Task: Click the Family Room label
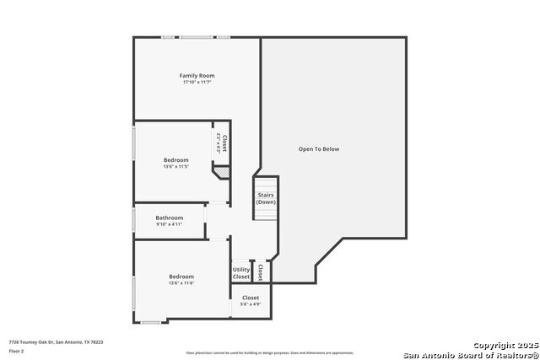(197, 76)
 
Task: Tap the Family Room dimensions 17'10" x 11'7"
(197, 83)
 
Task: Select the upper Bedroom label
(176, 160)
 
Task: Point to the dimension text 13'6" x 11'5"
(176, 167)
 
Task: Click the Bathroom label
(169, 218)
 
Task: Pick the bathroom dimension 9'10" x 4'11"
(169, 224)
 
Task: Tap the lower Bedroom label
(181, 277)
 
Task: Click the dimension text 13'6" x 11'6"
(181, 283)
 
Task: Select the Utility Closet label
(241, 273)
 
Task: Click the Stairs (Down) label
(266, 198)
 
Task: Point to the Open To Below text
(319, 149)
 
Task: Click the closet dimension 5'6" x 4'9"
(251, 304)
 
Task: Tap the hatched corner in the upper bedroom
(221, 172)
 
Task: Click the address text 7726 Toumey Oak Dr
(56, 342)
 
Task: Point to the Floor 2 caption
(17, 350)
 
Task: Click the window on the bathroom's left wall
(133, 220)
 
